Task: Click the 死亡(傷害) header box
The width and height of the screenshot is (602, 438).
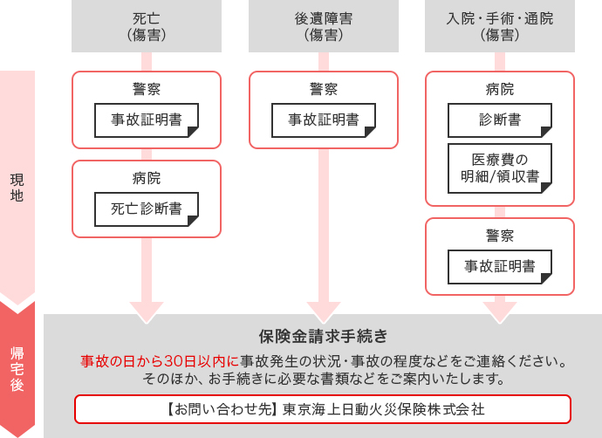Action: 147,26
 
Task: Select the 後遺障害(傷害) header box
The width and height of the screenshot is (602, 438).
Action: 324,26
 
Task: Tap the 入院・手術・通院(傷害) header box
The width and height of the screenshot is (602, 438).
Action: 500,26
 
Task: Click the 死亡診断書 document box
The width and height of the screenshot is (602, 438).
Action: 147,209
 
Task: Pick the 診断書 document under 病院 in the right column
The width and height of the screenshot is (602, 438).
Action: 500,120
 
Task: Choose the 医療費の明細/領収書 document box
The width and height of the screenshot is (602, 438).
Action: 500,168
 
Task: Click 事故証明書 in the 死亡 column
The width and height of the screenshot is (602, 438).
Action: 147,120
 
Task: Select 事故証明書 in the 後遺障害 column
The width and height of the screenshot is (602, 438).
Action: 324,120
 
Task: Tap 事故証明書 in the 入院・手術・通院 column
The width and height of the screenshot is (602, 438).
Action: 500,266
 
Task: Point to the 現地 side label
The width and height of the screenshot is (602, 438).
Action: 17,188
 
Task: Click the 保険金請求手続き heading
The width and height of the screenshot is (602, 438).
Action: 323,336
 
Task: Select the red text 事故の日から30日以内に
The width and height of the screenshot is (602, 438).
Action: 160,361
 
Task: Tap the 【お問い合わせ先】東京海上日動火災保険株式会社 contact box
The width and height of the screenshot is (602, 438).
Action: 323,408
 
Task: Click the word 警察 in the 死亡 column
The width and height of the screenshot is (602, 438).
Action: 147,89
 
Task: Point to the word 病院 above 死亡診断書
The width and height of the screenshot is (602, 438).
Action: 147,178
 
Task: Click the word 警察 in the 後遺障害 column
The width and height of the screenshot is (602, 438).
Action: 324,89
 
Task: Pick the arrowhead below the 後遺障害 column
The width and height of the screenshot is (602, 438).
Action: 324,310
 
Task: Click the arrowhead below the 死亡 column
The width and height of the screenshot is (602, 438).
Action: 147,310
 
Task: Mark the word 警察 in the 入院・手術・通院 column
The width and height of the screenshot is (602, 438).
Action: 500,236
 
